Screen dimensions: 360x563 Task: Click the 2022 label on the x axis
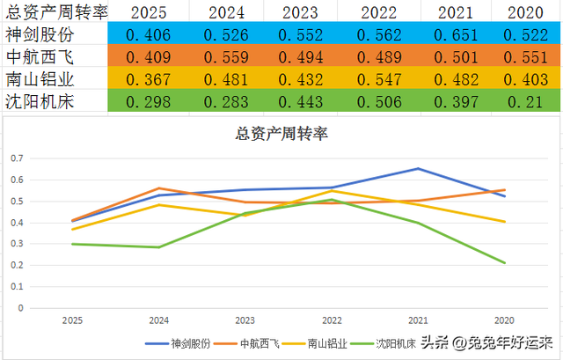pyautogui.click(x=333, y=320)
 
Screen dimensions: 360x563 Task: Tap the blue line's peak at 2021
pyautogui.click(x=419, y=169)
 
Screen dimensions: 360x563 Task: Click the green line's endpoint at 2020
pyautogui.click(x=504, y=262)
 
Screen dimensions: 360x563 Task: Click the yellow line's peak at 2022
pyautogui.click(x=333, y=191)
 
